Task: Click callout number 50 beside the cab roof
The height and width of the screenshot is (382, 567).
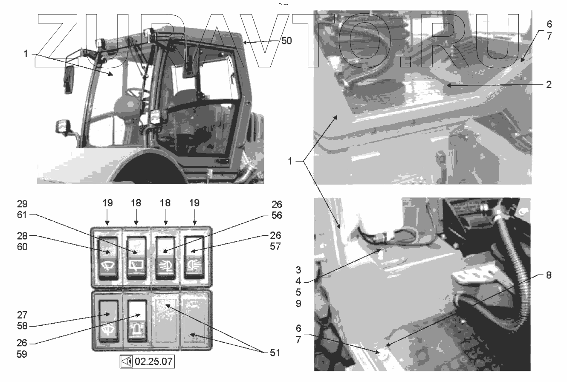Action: click(x=286, y=41)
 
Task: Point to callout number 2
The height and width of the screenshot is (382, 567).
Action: click(x=549, y=84)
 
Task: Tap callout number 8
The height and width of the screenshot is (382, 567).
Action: click(x=549, y=275)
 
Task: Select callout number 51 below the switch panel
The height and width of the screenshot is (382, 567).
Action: click(x=275, y=353)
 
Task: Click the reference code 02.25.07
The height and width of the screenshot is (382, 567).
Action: click(x=153, y=361)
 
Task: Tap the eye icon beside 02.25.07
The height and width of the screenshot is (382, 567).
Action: click(x=127, y=361)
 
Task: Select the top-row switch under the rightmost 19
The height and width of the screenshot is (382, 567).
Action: click(x=194, y=257)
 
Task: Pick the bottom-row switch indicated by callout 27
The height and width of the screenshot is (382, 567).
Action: click(x=109, y=321)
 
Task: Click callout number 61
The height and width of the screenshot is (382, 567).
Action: click(x=22, y=215)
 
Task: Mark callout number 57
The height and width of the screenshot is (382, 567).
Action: click(x=275, y=246)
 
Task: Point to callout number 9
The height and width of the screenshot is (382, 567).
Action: click(x=298, y=304)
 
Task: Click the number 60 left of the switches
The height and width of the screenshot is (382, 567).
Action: click(x=22, y=247)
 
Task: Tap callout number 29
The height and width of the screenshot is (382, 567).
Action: click(x=22, y=204)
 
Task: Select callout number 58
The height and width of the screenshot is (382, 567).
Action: click(x=22, y=326)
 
